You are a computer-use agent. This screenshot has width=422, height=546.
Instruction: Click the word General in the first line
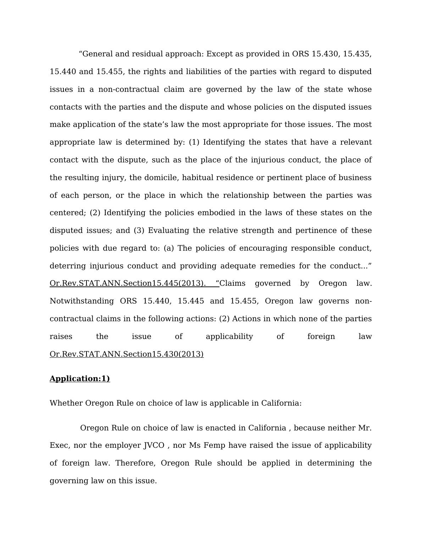coord(97,54)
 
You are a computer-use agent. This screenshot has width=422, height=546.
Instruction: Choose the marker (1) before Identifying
coord(194,142)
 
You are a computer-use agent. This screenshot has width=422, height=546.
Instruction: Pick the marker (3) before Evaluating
coord(139,230)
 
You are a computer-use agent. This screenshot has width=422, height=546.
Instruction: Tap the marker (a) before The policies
coord(169,248)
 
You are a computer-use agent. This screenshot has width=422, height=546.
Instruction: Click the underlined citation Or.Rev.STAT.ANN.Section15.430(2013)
coord(127,354)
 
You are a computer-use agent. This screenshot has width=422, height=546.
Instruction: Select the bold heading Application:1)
coord(80,379)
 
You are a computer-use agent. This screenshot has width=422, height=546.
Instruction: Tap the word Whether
coord(66,403)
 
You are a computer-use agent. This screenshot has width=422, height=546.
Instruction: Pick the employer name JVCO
coord(154,445)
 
